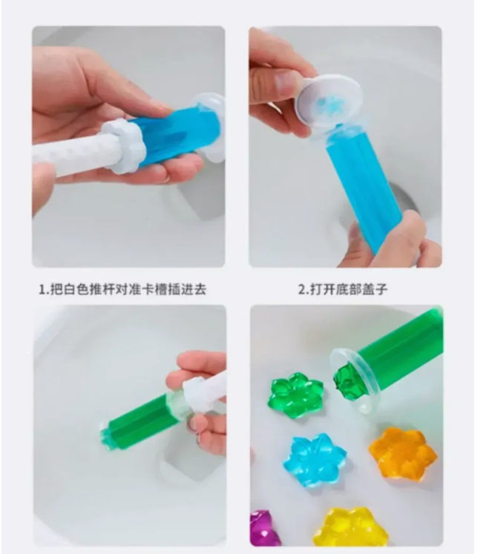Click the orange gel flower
402,453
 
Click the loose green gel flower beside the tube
295,395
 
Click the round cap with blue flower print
329,102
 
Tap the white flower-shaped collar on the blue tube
125,145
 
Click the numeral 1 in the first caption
42,289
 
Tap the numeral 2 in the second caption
302,289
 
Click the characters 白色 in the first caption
76,289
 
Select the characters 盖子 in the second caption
375,289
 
